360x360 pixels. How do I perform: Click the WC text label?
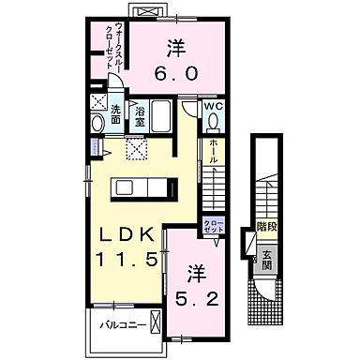pos(214,106)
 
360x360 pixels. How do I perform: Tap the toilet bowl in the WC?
pos(214,124)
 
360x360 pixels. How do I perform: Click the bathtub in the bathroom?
pos(160,118)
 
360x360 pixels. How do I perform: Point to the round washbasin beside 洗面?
pos(97,125)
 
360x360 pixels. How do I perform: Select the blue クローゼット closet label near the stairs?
pos(213,225)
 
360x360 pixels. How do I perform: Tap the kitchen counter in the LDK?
pos(142,187)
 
